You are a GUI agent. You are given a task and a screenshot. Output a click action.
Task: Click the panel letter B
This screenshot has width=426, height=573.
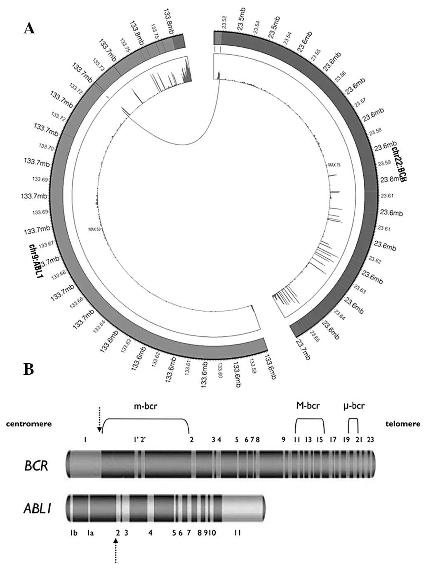28,369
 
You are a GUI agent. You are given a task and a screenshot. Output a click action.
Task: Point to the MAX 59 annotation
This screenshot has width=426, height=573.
94,229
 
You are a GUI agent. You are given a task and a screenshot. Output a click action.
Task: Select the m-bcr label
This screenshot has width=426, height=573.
146,406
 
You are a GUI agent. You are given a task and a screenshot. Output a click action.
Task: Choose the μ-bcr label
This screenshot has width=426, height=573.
354,406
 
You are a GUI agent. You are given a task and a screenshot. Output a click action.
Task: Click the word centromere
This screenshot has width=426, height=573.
29,423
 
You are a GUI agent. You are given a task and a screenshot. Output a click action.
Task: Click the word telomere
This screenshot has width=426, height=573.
402,423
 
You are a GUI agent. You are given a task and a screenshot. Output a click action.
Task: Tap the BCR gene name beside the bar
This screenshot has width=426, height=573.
37,466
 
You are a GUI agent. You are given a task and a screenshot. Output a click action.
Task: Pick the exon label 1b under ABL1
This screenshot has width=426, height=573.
74,533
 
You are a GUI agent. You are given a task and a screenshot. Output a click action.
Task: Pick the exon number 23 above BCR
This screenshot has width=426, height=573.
371,439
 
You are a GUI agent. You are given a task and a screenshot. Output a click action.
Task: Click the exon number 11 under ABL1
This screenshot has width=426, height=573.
238,533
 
